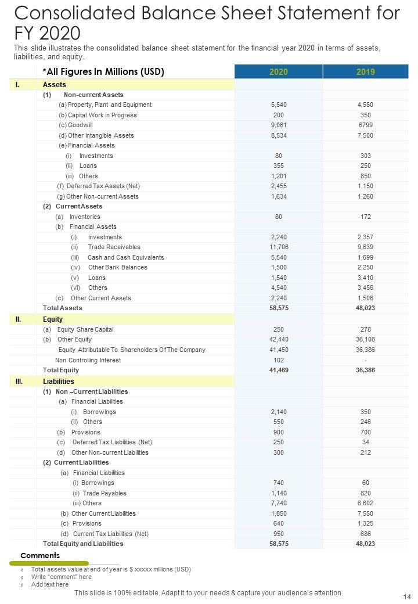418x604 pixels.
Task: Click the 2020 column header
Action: [278, 72]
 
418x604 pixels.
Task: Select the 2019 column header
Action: [365, 72]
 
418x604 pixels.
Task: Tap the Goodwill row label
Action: [80, 125]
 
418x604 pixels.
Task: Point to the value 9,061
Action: [278, 125]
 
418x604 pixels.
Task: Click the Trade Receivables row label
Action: [114, 247]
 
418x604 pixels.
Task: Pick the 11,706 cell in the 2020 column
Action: [278, 247]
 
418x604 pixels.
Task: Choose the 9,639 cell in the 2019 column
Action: [365, 247]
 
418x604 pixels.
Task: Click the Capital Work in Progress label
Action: [102, 115]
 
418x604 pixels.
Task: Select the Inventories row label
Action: [85, 217]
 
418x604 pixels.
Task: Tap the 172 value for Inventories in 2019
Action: [365, 217]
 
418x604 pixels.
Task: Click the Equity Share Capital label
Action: [85, 329]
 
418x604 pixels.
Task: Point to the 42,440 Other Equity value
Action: [278, 339]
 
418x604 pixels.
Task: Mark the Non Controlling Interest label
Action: [88, 360]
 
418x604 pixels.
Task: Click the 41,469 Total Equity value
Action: [278, 370]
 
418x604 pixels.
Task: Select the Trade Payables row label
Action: [105, 493]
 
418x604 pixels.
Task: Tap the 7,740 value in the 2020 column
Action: [278, 503]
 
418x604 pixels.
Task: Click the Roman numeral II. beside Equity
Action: [19, 319]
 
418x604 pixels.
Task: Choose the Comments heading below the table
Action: [40, 556]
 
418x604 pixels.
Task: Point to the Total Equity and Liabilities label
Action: [83, 544]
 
